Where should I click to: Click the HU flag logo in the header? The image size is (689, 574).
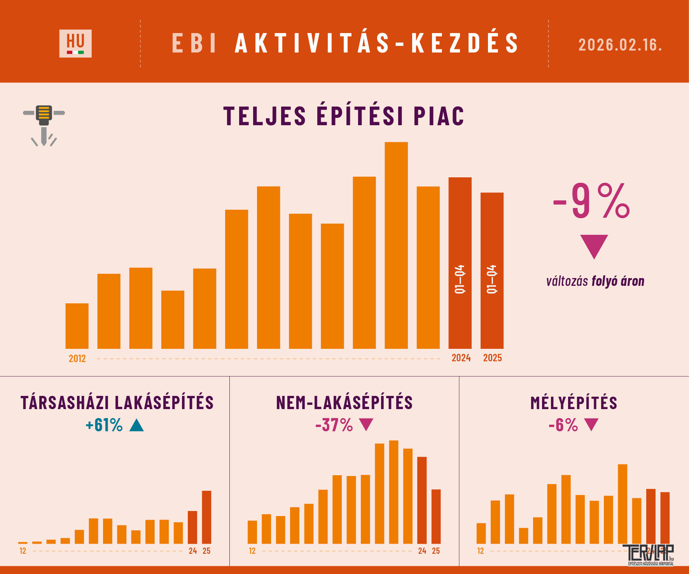[x=75, y=44]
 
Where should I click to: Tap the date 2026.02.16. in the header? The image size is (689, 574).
[x=620, y=45]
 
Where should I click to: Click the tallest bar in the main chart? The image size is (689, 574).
[x=396, y=245]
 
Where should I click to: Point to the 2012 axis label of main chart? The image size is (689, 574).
[x=77, y=359]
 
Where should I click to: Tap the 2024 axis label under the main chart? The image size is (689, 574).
[x=461, y=358]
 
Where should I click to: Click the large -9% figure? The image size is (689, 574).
[x=591, y=201]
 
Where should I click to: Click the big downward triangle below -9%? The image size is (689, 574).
[x=594, y=245]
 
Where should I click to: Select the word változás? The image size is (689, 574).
[x=567, y=281]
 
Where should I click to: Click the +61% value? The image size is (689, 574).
[x=104, y=425]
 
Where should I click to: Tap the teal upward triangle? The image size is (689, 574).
[x=136, y=425]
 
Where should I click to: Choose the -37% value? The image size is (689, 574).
[x=334, y=425]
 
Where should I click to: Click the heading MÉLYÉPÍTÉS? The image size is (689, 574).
[x=574, y=403]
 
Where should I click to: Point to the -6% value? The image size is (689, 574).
[x=563, y=425]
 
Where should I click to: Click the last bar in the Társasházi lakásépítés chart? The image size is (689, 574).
[x=206, y=517]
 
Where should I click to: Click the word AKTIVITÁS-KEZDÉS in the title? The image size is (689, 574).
[x=376, y=43]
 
